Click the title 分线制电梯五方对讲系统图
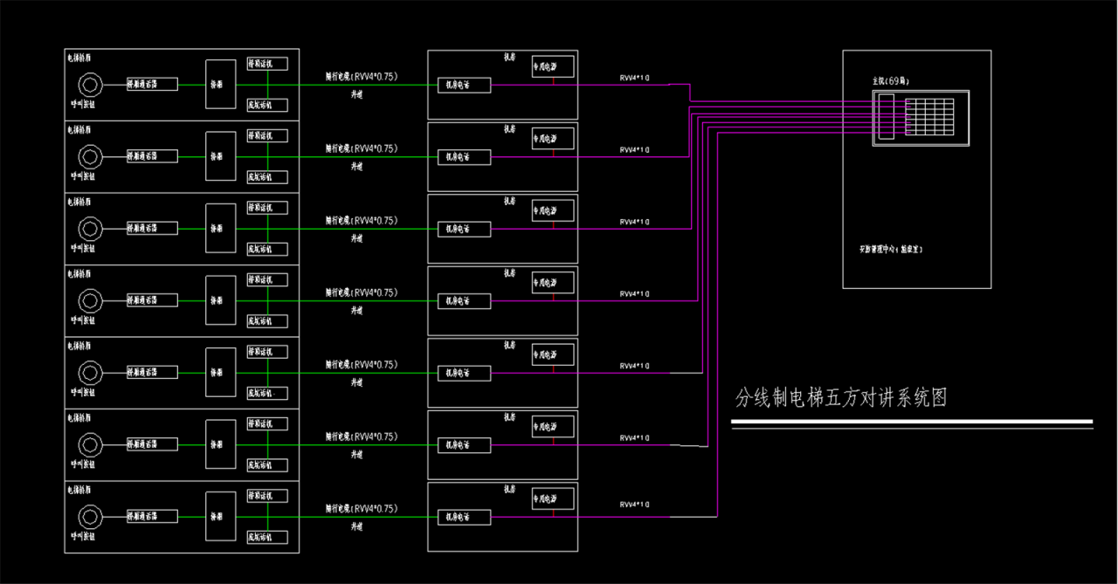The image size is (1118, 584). (841, 399)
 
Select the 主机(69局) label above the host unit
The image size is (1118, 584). (891, 80)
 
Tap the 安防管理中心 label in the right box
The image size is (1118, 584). (890, 249)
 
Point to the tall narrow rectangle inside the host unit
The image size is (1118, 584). (885, 116)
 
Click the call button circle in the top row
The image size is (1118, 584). (89, 85)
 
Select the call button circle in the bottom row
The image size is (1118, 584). (89, 516)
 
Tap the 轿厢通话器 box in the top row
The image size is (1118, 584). (152, 85)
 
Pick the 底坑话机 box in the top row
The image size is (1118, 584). (267, 105)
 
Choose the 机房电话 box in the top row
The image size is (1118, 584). (464, 85)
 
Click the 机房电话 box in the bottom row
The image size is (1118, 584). (464, 517)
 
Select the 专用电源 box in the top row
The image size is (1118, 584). (553, 67)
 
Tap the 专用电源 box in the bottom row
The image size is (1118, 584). (553, 498)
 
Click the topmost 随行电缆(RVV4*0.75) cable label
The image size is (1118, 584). (361, 77)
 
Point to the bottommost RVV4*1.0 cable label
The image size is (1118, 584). (634, 505)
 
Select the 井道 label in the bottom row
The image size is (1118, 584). (356, 526)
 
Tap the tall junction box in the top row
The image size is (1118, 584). (220, 85)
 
